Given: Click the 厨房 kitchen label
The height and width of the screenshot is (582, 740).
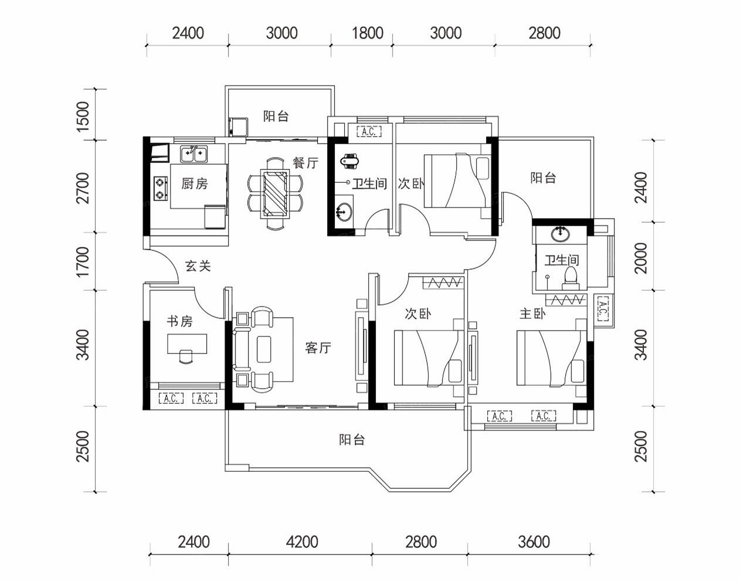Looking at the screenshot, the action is (x=195, y=183).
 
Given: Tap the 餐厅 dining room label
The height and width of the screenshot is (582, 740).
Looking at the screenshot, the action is (x=305, y=162).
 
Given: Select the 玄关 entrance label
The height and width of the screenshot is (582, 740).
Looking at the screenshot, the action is (x=198, y=266).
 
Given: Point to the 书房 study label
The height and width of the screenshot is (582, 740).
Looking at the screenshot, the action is (x=180, y=321).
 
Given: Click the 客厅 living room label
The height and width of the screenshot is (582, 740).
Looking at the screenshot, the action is (x=318, y=348).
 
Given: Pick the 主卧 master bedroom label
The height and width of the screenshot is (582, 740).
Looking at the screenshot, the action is (x=532, y=313).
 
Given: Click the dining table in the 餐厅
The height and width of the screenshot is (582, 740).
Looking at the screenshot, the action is (x=275, y=193).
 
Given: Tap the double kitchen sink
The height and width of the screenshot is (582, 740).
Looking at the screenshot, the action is (x=194, y=154).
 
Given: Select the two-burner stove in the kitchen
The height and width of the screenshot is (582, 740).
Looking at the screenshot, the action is (x=161, y=188).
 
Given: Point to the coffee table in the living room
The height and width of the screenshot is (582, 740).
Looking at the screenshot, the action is (x=264, y=349).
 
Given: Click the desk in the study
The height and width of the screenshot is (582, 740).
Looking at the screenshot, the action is (x=187, y=343).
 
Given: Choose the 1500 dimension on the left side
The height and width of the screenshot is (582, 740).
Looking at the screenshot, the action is (x=83, y=117).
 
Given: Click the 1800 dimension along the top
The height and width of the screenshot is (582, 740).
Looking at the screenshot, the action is (x=367, y=33).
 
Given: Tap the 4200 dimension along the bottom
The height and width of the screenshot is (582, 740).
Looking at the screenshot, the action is (x=302, y=542).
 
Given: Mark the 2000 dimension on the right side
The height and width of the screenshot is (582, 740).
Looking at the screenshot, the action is (x=641, y=258).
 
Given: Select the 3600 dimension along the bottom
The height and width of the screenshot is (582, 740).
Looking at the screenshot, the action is (x=534, y=542).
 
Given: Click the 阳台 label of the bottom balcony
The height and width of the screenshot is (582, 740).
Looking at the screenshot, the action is (x=351, y=440).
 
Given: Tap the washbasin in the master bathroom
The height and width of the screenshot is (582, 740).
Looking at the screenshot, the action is (x=560, y=234).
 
